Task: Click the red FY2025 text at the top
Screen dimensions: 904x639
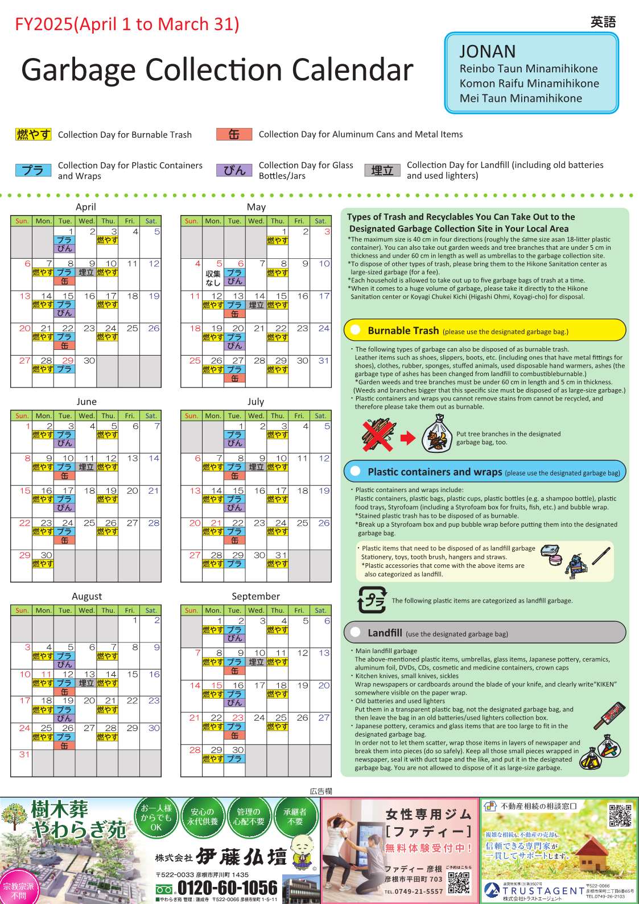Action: (127, 24)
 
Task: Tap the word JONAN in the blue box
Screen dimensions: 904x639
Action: (488, 52)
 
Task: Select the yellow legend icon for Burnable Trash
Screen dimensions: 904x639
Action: (34, 134)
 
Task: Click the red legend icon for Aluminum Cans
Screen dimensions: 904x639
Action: (234, 134)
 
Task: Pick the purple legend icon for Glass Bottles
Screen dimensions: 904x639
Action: (234, 170)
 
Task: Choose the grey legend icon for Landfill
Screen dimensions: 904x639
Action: (382, 170)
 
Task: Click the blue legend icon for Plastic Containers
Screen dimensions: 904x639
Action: (34, 170)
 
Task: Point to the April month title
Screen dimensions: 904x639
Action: (86, 207)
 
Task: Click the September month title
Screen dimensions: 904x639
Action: (255, 596)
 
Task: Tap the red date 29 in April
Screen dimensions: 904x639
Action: (68, 361)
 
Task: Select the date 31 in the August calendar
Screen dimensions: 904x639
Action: (24, 754)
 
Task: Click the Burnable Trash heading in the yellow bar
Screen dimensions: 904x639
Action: (403, 331)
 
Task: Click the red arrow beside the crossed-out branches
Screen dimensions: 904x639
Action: (408, 437)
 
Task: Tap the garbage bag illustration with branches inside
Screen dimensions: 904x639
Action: (437, 434)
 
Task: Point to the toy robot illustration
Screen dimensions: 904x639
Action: (576, 564)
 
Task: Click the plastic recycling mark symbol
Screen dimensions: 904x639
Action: (372, 600)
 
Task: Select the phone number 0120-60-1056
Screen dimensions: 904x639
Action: (228, 888)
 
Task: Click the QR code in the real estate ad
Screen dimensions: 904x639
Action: (620, 815)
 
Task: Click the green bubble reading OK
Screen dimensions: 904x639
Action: (156, 818)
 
